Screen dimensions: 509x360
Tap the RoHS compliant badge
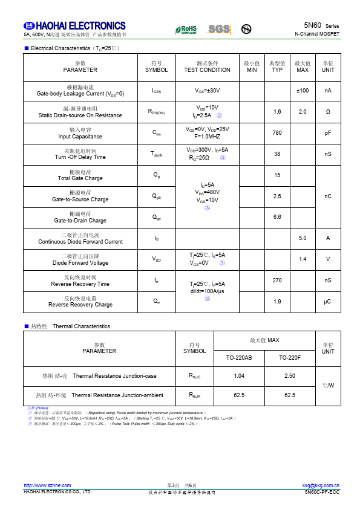coord(186,29)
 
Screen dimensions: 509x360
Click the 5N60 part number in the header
coord(312,25)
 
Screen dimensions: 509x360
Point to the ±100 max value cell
coord(303,91)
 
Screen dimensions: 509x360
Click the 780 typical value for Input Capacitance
coord(277,133)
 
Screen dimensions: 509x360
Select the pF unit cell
coord(328,133)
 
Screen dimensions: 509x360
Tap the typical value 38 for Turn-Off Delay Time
coord(277,154)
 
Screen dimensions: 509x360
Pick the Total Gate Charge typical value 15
coord(277,175)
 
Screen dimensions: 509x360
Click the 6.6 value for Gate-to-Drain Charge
coord(277,217)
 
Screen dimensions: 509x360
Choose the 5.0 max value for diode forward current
coord(303,238)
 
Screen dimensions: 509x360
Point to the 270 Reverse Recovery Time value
coord(277,280)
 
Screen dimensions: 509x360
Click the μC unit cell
coord(328,302)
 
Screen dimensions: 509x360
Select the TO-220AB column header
coord(239,358)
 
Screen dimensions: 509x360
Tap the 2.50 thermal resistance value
coord(290,376)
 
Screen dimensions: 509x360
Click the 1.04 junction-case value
coord(239,376)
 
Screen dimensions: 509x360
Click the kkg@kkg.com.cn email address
coord(321,485)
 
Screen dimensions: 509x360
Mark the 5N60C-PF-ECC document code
coord(322,492)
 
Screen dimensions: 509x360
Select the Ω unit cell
coord(328,112)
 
